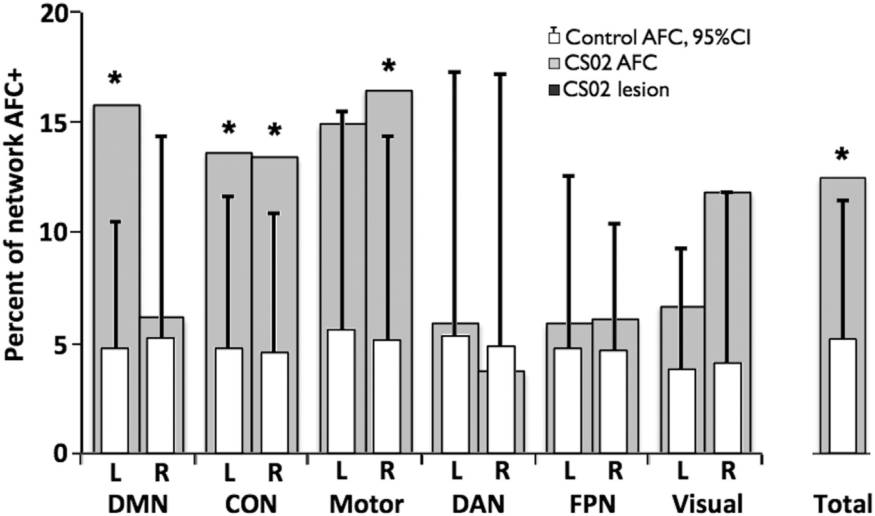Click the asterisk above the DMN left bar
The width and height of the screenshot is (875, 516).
tap(115, 79)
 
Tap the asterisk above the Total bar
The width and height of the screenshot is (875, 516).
tap(842, 154)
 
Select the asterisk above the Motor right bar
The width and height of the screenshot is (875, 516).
tap(388, 65)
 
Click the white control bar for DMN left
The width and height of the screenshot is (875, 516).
tap(115, 401)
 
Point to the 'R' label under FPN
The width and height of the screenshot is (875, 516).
tap(615, 472)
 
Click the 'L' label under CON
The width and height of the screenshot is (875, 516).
tap(228, 472)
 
